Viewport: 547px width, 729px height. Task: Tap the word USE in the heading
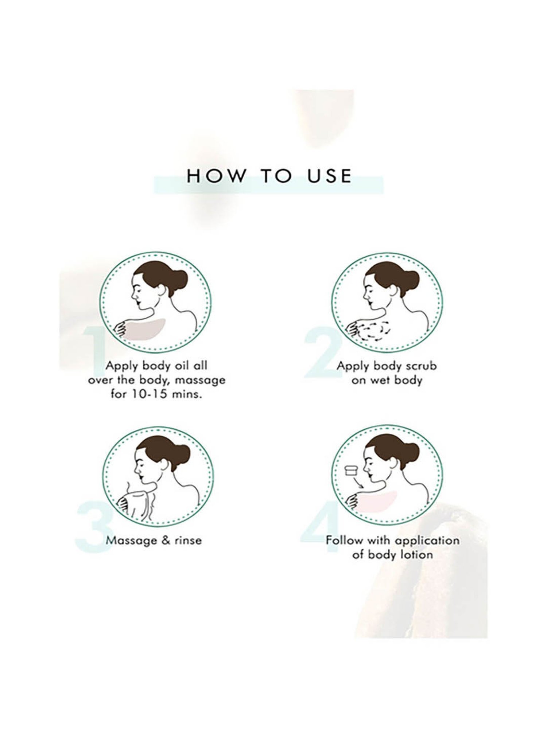point(329,176)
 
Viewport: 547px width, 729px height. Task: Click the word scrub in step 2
point(420,366)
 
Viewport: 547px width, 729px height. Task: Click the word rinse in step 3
point(187,540)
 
